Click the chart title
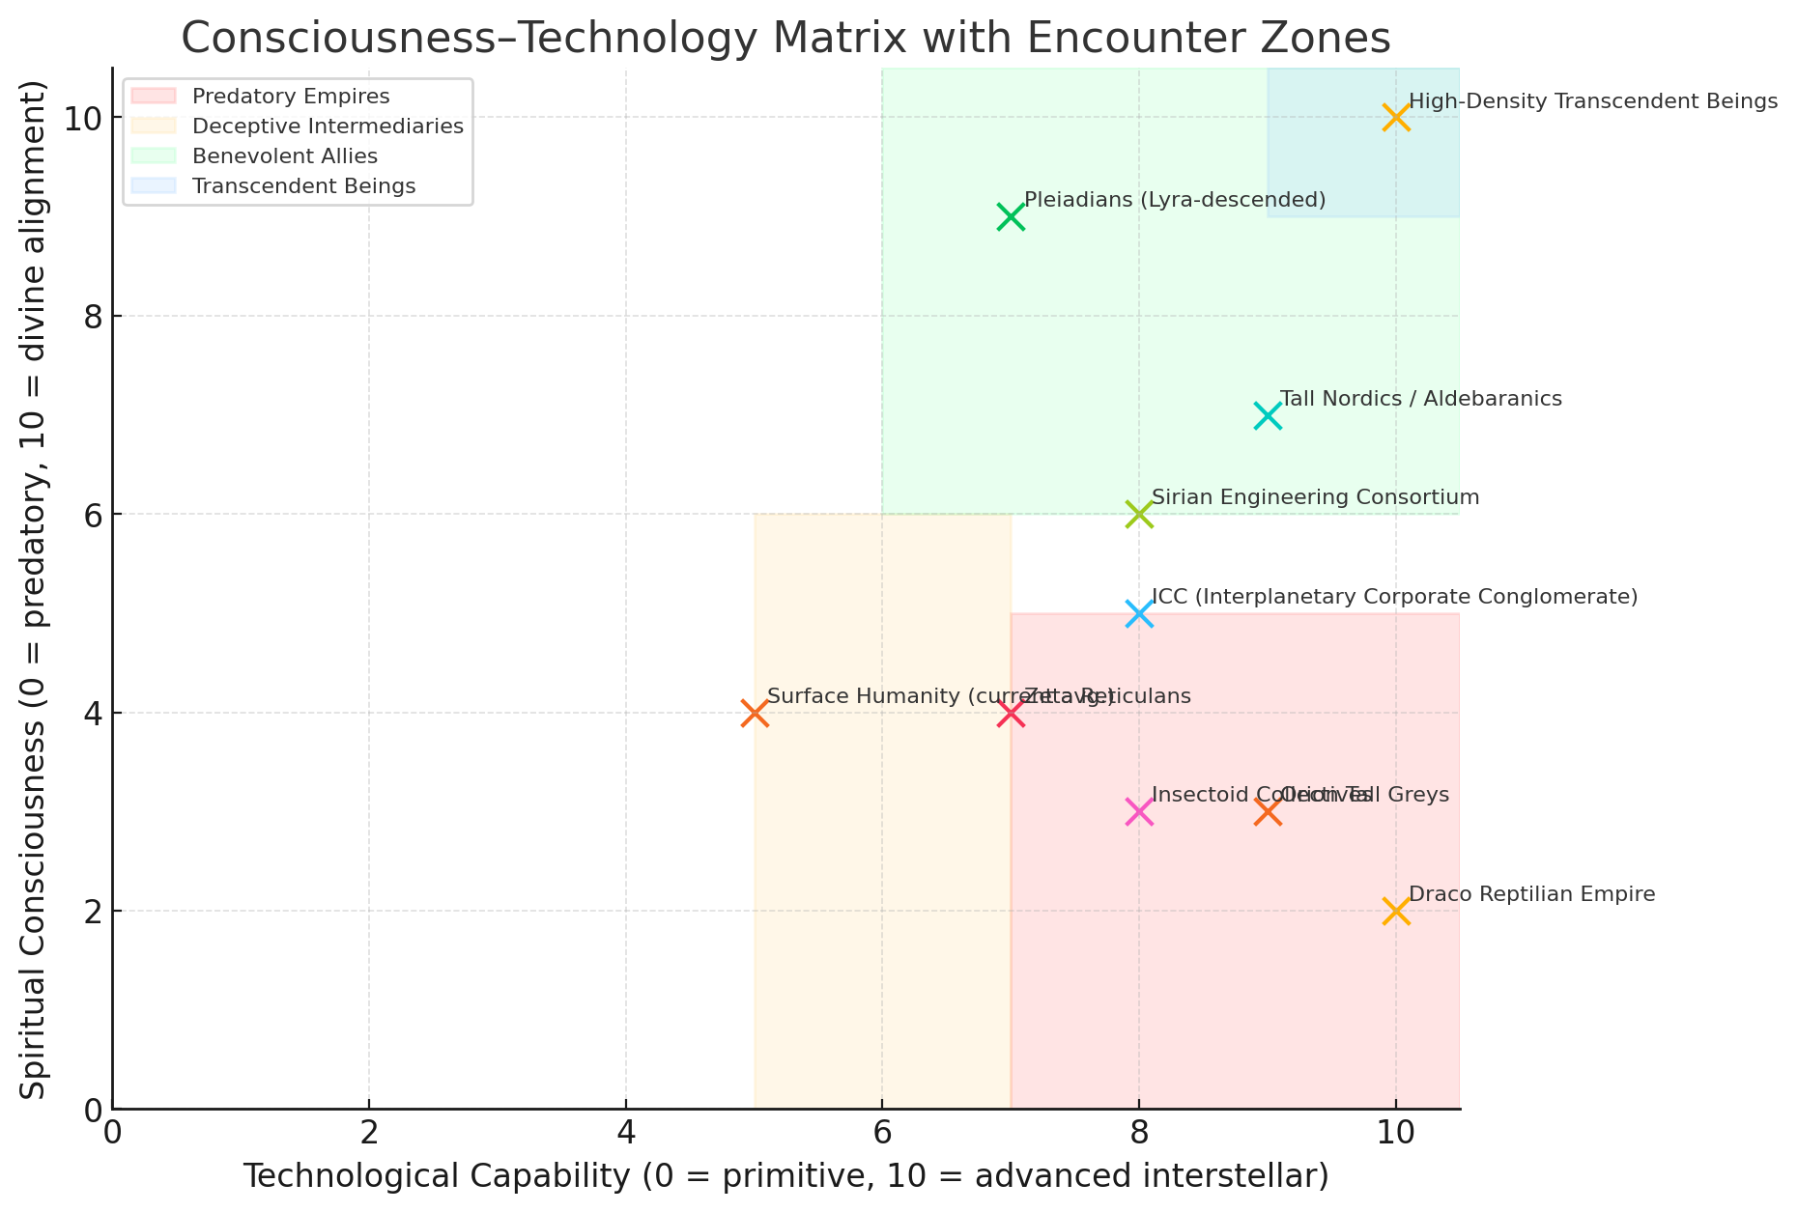pyautogui.click(x=785, y=39)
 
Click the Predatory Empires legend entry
pyautogui.click(x=291, y=97)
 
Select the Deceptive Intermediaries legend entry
pyautogui.click(x=328, y=127)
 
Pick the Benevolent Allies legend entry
pyautogui.click(x=285, y=156)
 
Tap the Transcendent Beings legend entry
pyautogui.click(x=303, y=186)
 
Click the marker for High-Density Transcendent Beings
pyautogui.click(x=1395, y=118)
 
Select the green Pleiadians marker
pyautogui.click(x=1011, y=216)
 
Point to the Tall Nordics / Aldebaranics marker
pyautogui.click(x=1268, y=415)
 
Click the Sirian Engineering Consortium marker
pyautogui.click(x=1139, y=514)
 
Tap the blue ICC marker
pyautogui.click(x=1139, y=613)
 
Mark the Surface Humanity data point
pyautogui.click(x=755, y=713)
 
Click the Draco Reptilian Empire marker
pyautogui.click(x=1395, y=911)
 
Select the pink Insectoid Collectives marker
pyautogui.click(x=1139, y=812)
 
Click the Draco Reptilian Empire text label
pyautogui.click(x=1531, y=894)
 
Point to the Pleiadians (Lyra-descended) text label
pyautogui.click(x=1174, y=200)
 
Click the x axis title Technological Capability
pyautogui.click(x=785, y=1176)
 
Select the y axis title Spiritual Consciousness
pyautogui.click(x=35, y=589)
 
